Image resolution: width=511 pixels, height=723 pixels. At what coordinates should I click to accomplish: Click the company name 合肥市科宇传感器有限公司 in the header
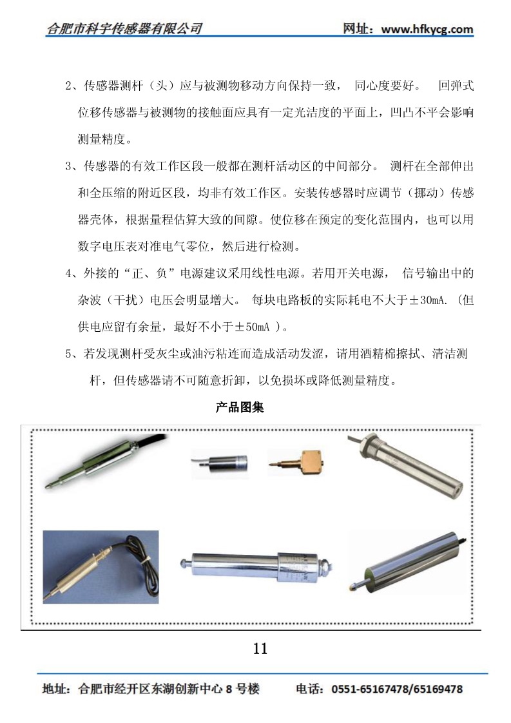pyautogui.click(x=124, y=28)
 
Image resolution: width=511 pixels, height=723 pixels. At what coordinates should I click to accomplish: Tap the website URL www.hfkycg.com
pyautogui.click(x=427, y=29)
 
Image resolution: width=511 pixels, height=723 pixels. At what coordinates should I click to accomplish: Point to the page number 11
pyautogui.click(x=260, y=649)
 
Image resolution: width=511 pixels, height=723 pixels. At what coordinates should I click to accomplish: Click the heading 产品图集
pyautogui.click(x=239, y=407)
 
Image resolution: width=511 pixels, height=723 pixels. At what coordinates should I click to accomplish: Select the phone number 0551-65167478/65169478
pyautogui.click(x=397, y=689)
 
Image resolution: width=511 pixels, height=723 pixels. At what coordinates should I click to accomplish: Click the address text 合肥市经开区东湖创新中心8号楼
pyautogui.click(x=169, y=689)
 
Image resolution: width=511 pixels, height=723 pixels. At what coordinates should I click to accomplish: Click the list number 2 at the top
pyautogui.click(x=68, y=86)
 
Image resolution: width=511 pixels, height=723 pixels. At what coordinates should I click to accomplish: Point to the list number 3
pyautogui.click(x=68, y=166)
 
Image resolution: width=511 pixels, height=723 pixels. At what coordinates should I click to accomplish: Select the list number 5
pyautogui.click(x=68, y=354)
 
